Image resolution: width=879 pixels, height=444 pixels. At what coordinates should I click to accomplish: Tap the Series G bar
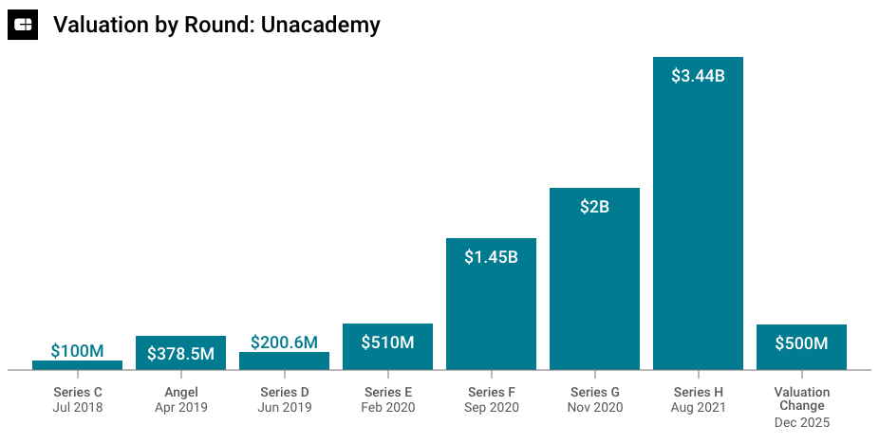click(x=594, y=285)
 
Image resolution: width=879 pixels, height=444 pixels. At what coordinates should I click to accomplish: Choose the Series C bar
click(x=77, y=365)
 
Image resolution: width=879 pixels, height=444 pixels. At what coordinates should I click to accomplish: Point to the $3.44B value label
click(x=698, y=76)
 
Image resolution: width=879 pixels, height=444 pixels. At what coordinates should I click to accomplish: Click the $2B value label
click(x=594, y=207)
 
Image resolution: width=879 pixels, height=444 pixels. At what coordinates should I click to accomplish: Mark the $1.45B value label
click(x=491, y=257)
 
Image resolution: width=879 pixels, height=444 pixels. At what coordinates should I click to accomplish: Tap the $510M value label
click(x=387, y=342)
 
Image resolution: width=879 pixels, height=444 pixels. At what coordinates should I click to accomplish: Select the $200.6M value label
click(x=284, y=342)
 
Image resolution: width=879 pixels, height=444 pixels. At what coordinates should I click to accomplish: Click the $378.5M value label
click(x=180, y=354)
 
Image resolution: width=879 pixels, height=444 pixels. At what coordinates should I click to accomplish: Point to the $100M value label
click(x=77, y=351)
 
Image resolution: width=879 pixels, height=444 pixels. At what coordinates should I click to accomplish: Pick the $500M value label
click(x=801, y=343)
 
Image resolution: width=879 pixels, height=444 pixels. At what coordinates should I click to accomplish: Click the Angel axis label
click(x=180, y=392)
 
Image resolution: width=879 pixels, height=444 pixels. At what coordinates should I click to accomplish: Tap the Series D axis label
click(x=284, y=392)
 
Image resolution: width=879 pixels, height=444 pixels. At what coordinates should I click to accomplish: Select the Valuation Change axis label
click(x=801, y=398)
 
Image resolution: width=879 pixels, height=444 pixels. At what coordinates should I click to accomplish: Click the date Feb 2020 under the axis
click(x=387, y=408)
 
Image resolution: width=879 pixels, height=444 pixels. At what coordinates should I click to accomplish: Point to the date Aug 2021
click(x=698, y=408)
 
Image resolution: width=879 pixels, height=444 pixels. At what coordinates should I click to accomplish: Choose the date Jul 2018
click(x=77, y=408)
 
